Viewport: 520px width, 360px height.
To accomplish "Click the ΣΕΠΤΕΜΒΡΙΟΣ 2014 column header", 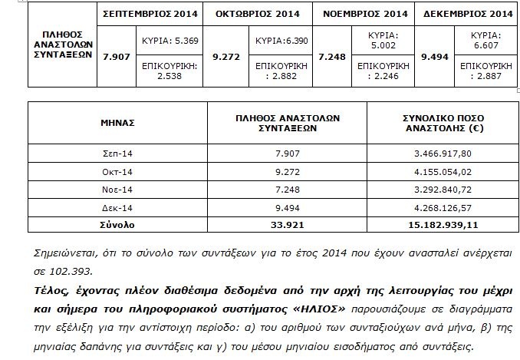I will [148, 14].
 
